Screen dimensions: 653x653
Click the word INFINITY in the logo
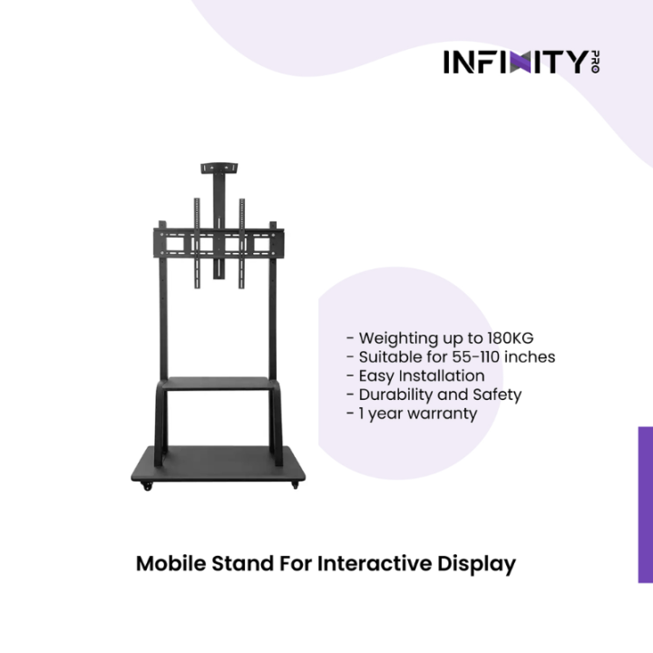point(516,62)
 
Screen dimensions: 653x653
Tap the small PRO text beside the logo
point(595,62)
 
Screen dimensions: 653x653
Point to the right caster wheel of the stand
point(294,488)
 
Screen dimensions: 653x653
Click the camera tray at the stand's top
point(219,166)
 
